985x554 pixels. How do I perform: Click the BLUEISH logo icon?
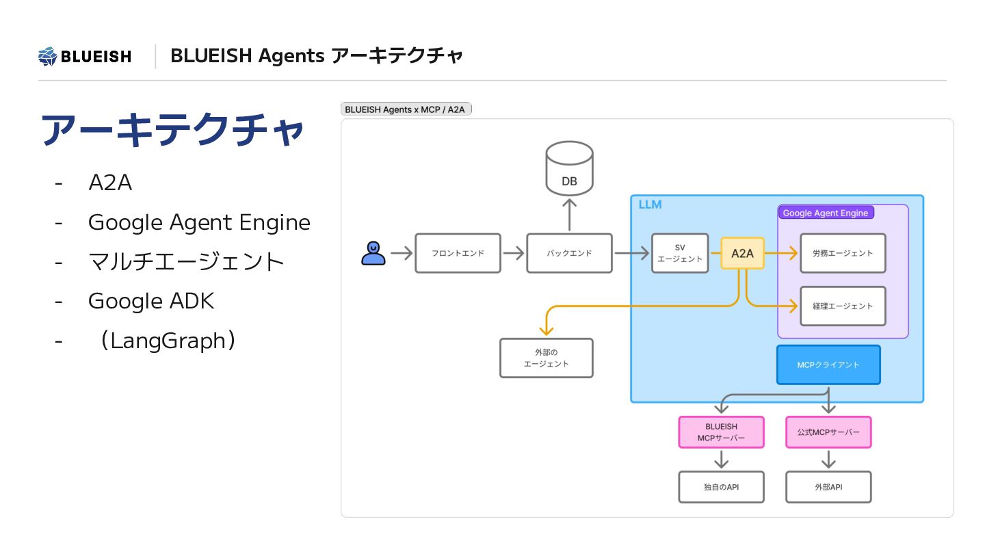point(47,56)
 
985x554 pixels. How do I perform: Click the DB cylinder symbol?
point(569,168)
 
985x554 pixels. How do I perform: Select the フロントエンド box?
point(458,253)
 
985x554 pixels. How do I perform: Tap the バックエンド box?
point(569,253)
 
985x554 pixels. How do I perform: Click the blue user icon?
point(373,253)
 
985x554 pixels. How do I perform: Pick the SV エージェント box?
point(680,253)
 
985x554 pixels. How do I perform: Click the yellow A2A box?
point(742,253)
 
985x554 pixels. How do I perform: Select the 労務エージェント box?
point(843,253)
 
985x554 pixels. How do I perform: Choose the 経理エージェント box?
point(843,306)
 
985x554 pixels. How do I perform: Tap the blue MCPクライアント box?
point(828,365)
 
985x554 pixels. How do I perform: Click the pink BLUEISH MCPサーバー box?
point(721,432)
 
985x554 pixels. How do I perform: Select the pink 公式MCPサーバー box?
point(828,432)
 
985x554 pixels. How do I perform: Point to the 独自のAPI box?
point(721,487)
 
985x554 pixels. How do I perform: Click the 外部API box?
point(828,487)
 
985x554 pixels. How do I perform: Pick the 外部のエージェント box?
point(546,358)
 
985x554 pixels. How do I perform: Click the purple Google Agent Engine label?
point(826,213)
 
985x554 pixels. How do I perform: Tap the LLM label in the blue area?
point(650,205)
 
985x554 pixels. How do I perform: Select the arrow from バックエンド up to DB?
point(569,215)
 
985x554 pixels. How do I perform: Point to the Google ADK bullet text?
point(150,301)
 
